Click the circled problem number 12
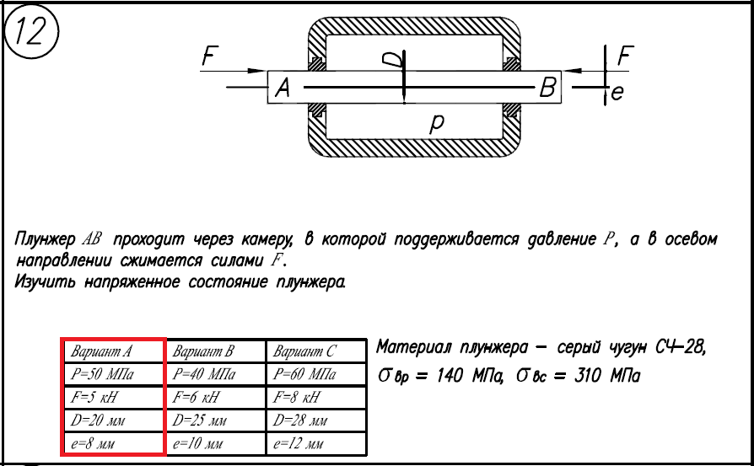click(32, 32)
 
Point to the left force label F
click(212, 57)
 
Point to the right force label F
click(625, 56)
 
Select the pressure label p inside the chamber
click(437, 125)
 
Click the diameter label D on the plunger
click(390, 58)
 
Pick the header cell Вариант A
click(113, 351)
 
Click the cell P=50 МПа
click(113, 373)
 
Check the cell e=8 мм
click(113, 442)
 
